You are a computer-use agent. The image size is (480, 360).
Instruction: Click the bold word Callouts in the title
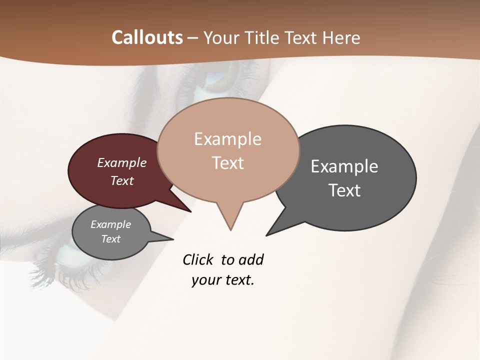click(147, 37)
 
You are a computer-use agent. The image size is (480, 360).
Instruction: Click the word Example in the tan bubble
click(227, 139)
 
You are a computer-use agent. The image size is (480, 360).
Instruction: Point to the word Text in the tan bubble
click(227, 162)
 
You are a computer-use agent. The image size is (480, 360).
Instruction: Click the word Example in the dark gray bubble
click(344, 166)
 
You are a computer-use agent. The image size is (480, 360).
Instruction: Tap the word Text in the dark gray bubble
click(344, 190)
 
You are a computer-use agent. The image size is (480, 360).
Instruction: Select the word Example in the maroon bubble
click(122, 162)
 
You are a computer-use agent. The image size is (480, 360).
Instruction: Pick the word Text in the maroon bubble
click(122, 180)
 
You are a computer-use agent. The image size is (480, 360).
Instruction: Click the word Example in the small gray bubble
click(111, 224)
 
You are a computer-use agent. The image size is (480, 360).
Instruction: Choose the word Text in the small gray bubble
click(111, 239)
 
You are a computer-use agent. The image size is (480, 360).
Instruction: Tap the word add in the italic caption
click(250, 259)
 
